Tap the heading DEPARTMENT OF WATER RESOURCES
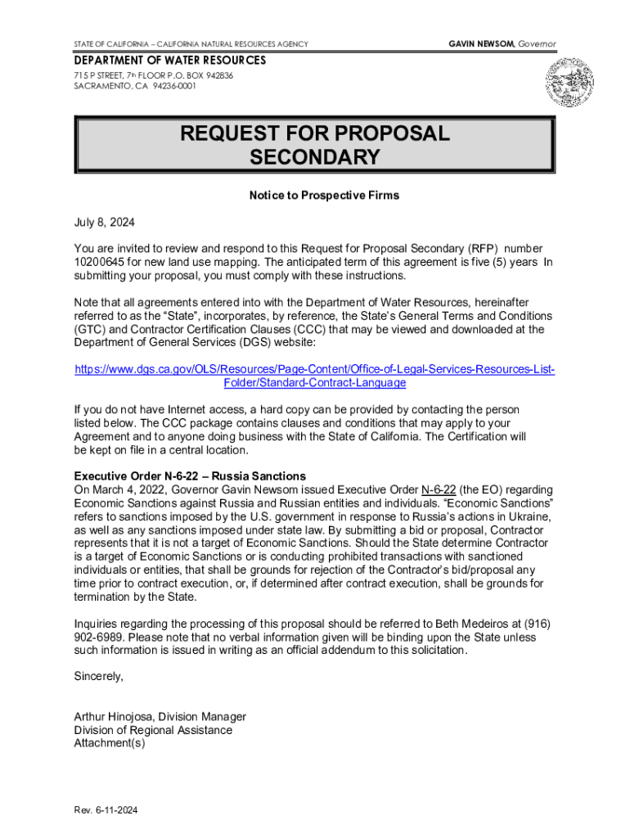pos(170,61)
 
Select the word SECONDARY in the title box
pos(315,157)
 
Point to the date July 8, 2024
pos(105,223)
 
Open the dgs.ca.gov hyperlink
pos(315,376)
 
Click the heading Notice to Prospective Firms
pos(324,196)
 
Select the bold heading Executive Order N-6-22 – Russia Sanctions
pos(190,475)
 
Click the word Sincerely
pos(99,676)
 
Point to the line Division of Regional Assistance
pos(153,730)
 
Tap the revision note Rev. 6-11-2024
pos(106,810)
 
